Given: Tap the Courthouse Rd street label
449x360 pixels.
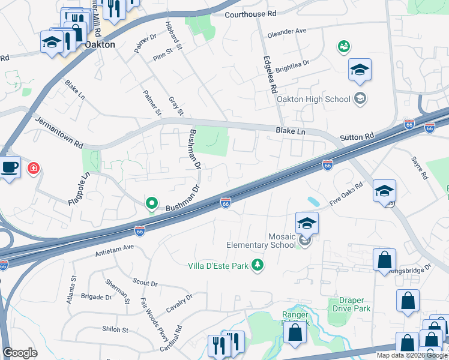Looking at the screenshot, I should pyautogui.click(x=251, y=14).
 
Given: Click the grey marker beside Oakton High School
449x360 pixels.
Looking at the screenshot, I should pyautogui.click(x=360, y=98).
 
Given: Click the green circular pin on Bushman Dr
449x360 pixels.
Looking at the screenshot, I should pyautogui.click(x=152, y=205).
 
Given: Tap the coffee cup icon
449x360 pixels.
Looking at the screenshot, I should pyautogui.click(x=10, y=167).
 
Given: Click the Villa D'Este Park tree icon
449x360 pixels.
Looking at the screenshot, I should pyautogui.click(x=258, y=265).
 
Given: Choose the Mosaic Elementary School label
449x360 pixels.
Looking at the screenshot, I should pyautogui.click(x=261, y=241).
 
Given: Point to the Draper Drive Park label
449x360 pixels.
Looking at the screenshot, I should pyautogui.click(x=349, y=304).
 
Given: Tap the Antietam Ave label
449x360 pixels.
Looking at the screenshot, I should pyautogui.click(x=114, y=250).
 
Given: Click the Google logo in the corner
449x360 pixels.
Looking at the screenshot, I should pyautogui.click(x=20, y=353).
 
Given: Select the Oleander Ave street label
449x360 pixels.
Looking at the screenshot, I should pyautogui.click(x=287, y=31).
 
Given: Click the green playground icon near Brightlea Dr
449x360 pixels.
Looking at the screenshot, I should pyautogui.click(x=343, y=46).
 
